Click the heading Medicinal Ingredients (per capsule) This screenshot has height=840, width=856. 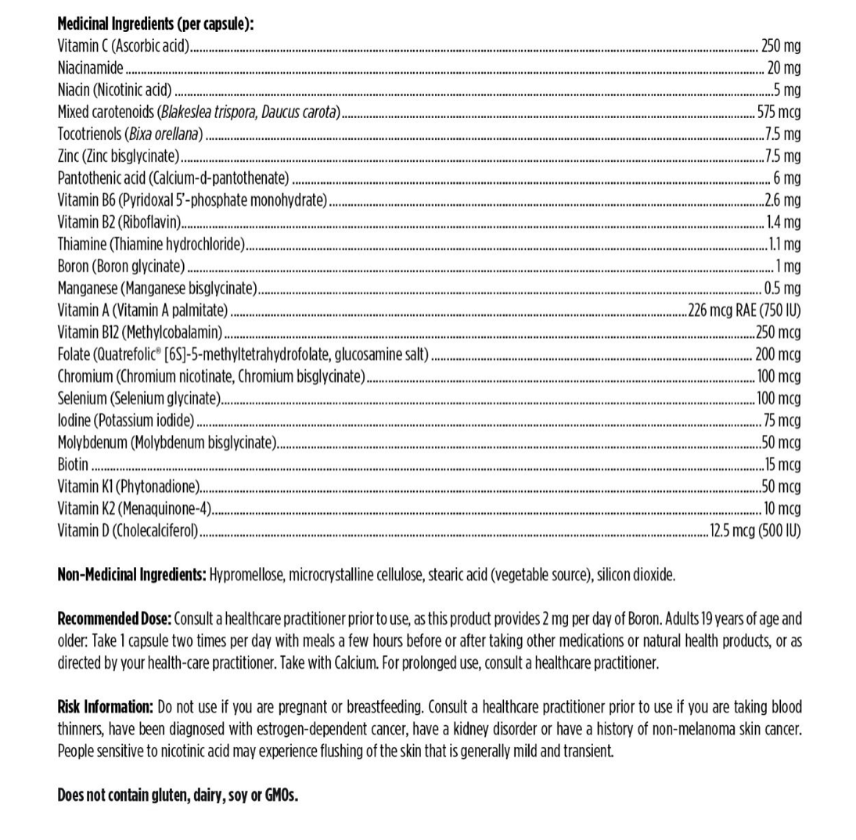pyautogui.click(x=156, y=24)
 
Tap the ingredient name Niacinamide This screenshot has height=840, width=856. pyautogui.click(x=90, y=68)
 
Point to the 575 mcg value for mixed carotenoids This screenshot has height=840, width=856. pyautogui.click(x=779, y=112)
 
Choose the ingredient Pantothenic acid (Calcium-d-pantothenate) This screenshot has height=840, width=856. pyautogui.click(x=173, y=178)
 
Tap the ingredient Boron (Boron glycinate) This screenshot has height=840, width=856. pyautogui.click(x=121, y=266)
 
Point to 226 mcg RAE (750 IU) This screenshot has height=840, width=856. pyautogui.click(x=744, y=310)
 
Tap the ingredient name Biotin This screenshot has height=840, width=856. pyautogui.click(x=73, y=464)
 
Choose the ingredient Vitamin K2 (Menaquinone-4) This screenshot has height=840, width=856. pyautogui.click(x=135, y=508)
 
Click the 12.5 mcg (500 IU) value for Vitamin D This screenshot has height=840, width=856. pyautogui.click(x=755, y=530)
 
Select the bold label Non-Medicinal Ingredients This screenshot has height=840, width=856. pyautogui.click(x=132, y=575)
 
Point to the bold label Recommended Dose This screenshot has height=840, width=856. pyautogui.click(x=114, y=619)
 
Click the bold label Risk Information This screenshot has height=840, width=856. pyautogui.click(x=106, y=707)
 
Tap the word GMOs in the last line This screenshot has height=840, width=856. pyautogui.click(x=281, y=795)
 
